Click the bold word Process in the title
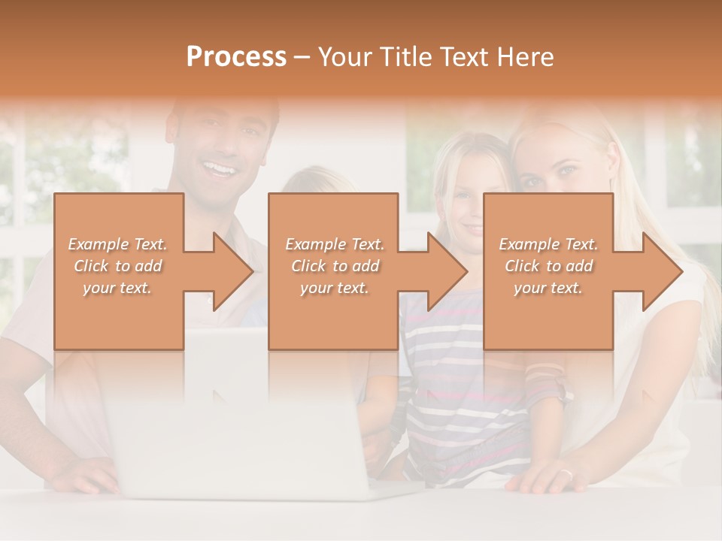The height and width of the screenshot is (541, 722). (x=236, y=57)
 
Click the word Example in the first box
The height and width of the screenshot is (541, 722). (x=99, y=244)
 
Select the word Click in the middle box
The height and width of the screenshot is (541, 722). (x=307, y=266)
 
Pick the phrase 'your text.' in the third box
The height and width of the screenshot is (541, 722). (x=548, y=288)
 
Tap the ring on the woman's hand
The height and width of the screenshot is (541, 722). (x=566, y=473)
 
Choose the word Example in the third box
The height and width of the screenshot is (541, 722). (x=529, y=244)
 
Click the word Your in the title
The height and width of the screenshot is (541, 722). (x=345, y=57)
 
